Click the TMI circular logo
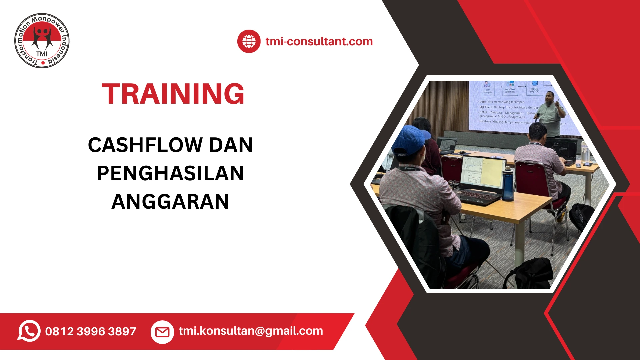pyautogui.click(x=42, y=41)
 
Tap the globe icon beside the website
pyautogui.click(x=249, y=41)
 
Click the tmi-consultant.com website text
pyautogui.click(x=319, y=41)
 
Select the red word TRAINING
pyautogui.click(x=173, y=94)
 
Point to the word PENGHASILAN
pyautogui.click(x=170, y=173)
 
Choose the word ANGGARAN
pyautogui.click(x=170, y=202)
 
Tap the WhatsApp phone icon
pyautogui.click(x=29, y=331)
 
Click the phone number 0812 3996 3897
pyautogui.click(x=91, y=331)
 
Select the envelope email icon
pyautogui.click(x=162, y=332)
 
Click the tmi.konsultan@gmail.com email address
pyautogui.click(x=251, y=331)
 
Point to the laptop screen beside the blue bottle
pyautogui.click(x=482, y=172)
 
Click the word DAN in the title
pyautogui.click(x=231, y=145)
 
